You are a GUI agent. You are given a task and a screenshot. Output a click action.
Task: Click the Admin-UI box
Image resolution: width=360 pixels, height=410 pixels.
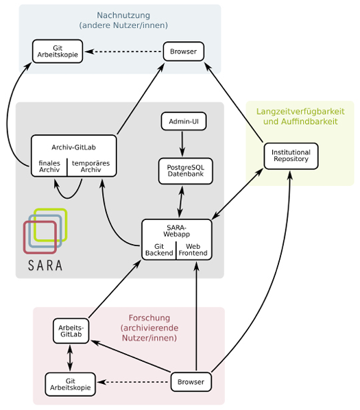pyautogui.click(x=184, y=121)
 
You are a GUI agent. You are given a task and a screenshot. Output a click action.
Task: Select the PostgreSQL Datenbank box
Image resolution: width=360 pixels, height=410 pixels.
pyautogui.click(x=185, y=171)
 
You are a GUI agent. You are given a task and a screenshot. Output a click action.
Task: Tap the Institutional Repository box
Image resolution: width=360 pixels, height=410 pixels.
pyautogui.click(x=291, y=156)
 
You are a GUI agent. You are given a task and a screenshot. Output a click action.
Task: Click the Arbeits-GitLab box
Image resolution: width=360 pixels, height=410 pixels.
pyautogui.click(x=71, y=330)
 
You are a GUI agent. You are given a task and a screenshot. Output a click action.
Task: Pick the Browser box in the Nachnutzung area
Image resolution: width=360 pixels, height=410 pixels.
pyautogui.click(x=184, y=51)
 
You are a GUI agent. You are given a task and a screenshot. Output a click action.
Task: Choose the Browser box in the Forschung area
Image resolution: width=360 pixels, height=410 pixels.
pyautogui.click(x=191, y=382)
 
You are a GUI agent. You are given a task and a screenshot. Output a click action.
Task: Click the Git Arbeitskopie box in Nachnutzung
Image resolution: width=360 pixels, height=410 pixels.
pyautogui.click(x=58, y=51)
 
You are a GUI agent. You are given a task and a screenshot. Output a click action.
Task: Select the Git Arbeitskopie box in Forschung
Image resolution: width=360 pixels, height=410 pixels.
pyautogui.click(x=71, y=384)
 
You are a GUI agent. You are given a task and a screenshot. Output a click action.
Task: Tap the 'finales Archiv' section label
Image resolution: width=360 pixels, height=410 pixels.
pyautogui.click(x=49, y=167)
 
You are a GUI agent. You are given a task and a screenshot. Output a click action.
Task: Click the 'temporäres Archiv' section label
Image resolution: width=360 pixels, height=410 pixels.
pyautogui.click(x=91, y=167)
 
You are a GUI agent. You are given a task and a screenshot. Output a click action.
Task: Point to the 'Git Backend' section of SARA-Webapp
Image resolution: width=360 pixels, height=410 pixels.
pyautogui.click(x=159, y=250)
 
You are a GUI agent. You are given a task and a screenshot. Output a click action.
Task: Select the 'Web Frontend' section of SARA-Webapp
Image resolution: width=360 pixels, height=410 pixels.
pyautogui.click(x=193, y=250)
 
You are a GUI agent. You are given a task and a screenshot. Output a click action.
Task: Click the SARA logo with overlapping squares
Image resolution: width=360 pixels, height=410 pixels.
pyautogui.click(x=45, y=239)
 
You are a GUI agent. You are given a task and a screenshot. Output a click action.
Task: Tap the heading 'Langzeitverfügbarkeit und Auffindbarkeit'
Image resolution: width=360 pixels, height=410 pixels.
pyautogui.click(x=300, y=117)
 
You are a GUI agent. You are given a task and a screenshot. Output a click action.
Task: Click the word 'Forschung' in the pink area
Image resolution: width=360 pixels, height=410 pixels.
pyautogui.click(x=149, y=318)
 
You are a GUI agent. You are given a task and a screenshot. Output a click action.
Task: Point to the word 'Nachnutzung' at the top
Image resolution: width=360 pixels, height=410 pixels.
pyautogui.click(x=123, y=15)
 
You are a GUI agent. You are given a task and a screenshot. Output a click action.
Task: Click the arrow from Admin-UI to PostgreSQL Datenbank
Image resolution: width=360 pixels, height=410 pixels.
pyautogui.click(x=182, y=144)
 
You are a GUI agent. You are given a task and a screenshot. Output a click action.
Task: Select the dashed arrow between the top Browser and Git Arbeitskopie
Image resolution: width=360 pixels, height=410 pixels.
pyautogui.click(x=123, y=51)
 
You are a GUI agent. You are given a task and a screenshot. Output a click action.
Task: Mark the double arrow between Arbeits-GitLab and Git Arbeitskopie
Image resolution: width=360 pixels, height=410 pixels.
pyautogui.click(x=70, y=358)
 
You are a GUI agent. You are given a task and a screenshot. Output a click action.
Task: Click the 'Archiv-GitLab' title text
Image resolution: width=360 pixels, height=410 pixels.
pyautogui.click(x=74, y=147)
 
